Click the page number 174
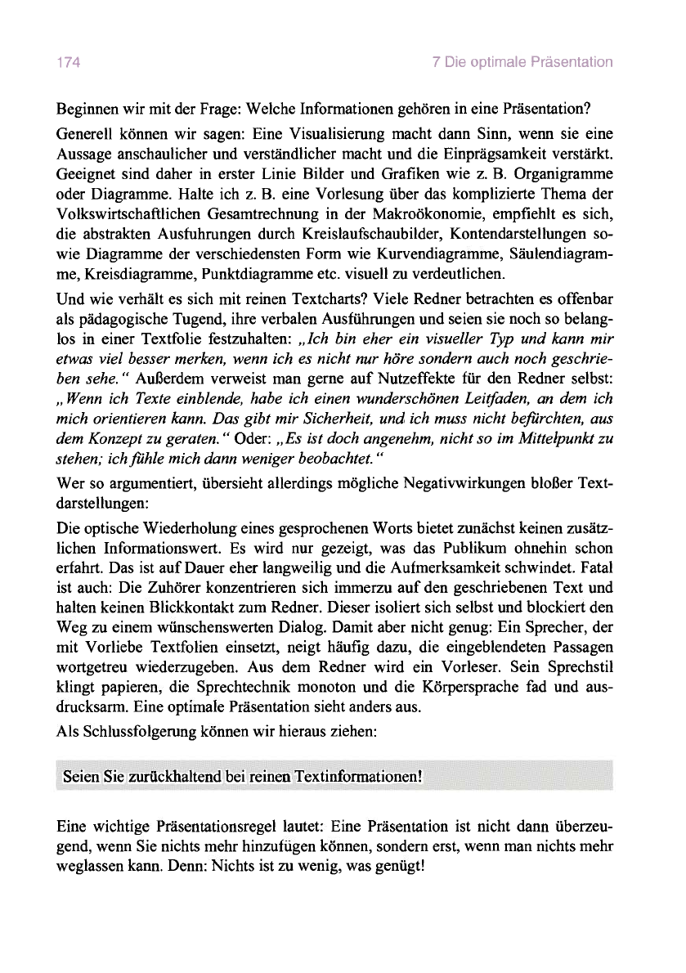click(66, 61)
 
